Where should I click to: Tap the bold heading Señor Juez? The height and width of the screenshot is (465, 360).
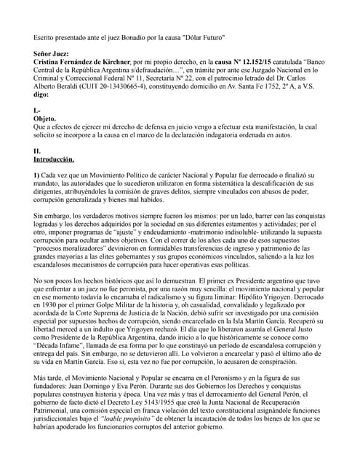[53, 54]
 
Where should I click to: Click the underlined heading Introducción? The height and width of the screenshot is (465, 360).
[59, 158]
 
